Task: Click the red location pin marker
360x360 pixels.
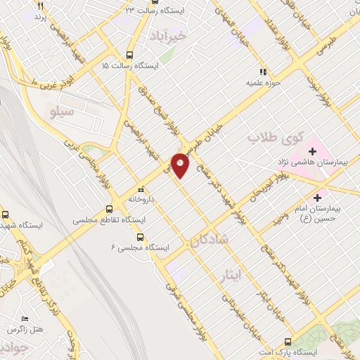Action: pos(181,165)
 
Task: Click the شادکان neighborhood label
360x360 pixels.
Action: pos(209,240)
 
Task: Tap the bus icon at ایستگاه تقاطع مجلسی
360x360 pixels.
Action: pos(108,209)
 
